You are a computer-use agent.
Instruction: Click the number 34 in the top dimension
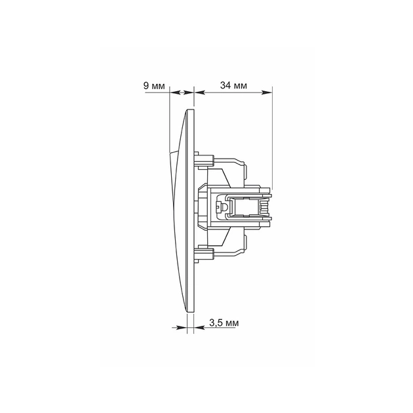[x=226, y=85]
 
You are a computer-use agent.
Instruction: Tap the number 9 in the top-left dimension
[x=146, y=86]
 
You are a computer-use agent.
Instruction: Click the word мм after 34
[x=240, y=86]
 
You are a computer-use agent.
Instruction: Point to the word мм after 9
[x=158, y=87]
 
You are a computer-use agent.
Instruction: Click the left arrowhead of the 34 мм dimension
[x=199, y=92]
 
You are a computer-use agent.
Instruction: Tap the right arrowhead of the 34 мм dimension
[x=267, y=92]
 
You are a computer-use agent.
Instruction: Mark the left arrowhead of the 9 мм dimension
[x=174, y=92]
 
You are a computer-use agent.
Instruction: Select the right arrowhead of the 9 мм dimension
[x=189, y=92]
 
